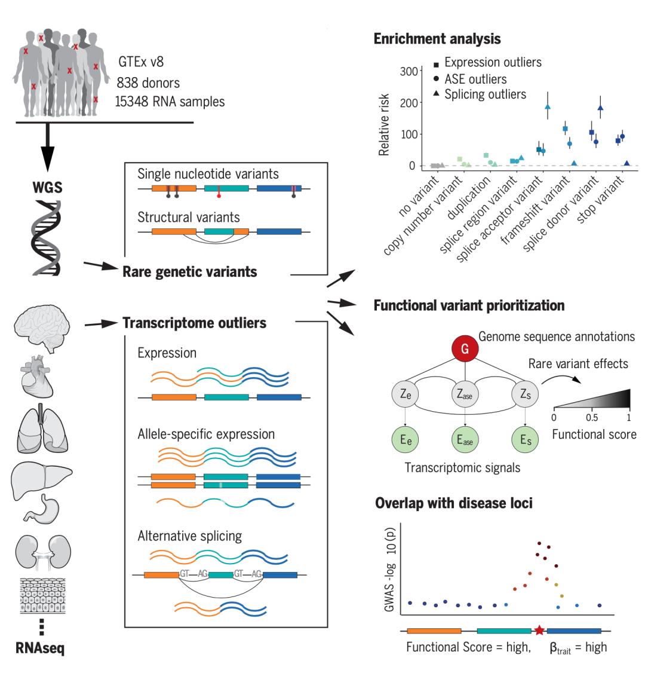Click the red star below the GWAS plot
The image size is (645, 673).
(x=539, y=630)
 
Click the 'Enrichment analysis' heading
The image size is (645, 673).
(x=437, y=39)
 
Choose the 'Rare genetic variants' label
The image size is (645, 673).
(x=190, y=272)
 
